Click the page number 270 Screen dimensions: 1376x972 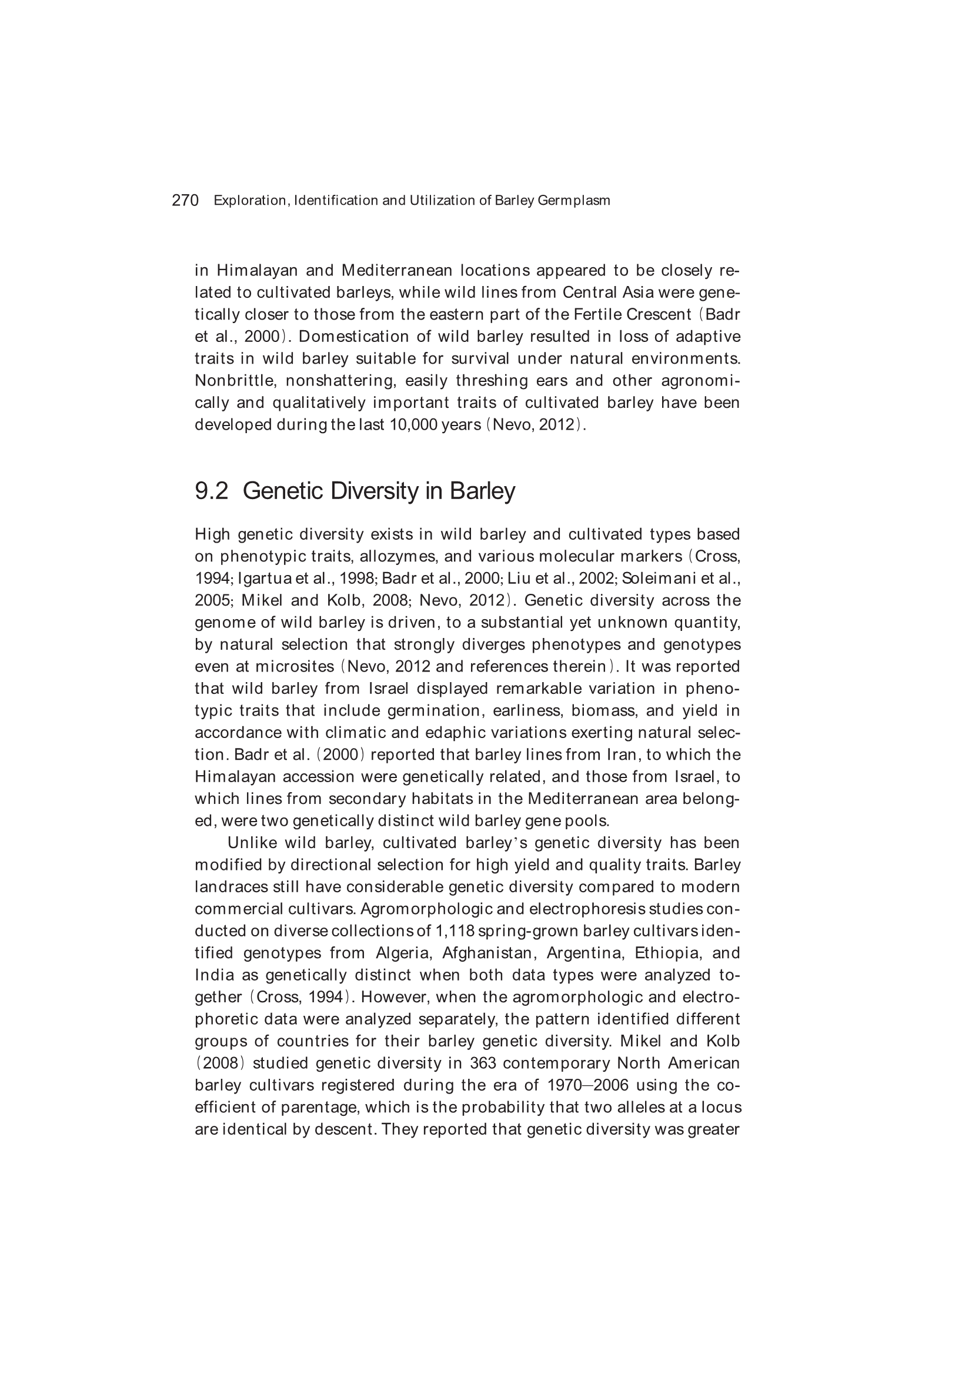point(185,201)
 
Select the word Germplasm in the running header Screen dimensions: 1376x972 point(574,201)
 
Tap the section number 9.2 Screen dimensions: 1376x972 point(212,491)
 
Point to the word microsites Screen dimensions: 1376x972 point(294,666)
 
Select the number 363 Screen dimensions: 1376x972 point(483,1063)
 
